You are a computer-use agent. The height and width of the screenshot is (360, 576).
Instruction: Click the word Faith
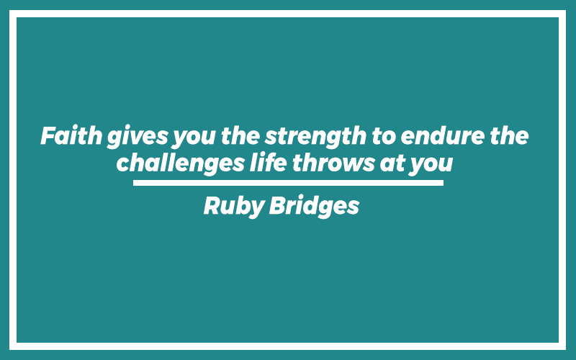[71, 135]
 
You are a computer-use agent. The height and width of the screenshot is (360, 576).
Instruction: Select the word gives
[137, 137]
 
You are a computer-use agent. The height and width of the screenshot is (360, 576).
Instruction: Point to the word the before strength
[240, 135]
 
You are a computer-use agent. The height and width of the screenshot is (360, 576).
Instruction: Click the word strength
[315, 137]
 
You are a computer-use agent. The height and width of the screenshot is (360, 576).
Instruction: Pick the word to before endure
[384, 137]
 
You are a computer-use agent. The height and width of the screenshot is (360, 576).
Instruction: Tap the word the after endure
[509, 135]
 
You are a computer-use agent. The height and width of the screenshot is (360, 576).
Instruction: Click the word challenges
[181, 164]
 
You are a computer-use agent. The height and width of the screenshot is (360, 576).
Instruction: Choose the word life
[268, 163]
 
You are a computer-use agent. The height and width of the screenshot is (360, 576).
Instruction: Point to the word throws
[333, 163]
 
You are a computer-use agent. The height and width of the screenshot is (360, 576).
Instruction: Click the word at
[392, 164]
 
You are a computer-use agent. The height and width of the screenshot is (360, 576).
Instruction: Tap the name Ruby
[233, 207]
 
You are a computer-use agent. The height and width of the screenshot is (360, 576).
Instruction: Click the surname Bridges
[314, 207]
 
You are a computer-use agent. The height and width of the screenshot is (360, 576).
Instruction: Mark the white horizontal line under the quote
[288, 183]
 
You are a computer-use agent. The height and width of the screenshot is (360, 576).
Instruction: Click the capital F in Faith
[49, 135]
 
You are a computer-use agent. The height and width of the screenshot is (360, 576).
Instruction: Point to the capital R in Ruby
[212, 205]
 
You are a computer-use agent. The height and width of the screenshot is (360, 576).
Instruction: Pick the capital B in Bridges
[277, 205]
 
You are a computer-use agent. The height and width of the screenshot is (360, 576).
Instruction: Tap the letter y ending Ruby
[257, 210]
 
